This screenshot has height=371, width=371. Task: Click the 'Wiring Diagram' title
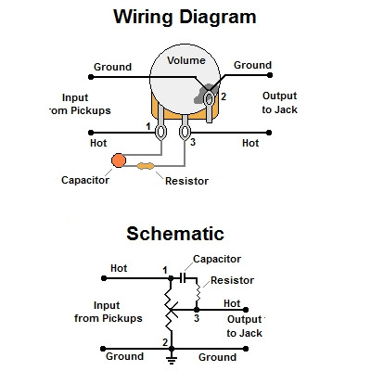tap(185, 17)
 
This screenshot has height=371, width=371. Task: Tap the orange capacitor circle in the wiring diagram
tap(119, 162)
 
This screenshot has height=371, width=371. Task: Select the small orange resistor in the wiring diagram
tap(147, 167)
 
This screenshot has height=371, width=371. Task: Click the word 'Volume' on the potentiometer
tap(185, 61)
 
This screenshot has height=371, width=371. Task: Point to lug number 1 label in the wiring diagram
tap(148, 124)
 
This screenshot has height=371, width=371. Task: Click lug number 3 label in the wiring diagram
tap(193, 142)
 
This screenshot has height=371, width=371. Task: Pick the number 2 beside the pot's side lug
tap(223, 96)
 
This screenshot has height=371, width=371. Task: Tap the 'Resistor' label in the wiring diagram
tap(186, 181)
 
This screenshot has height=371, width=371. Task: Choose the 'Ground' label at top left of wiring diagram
tap(111, 66)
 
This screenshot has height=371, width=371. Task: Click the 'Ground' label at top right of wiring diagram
tap(251, 65)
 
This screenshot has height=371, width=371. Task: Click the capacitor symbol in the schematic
tap(186, 276)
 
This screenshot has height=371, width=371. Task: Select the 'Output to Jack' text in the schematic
tap(245, 326)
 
